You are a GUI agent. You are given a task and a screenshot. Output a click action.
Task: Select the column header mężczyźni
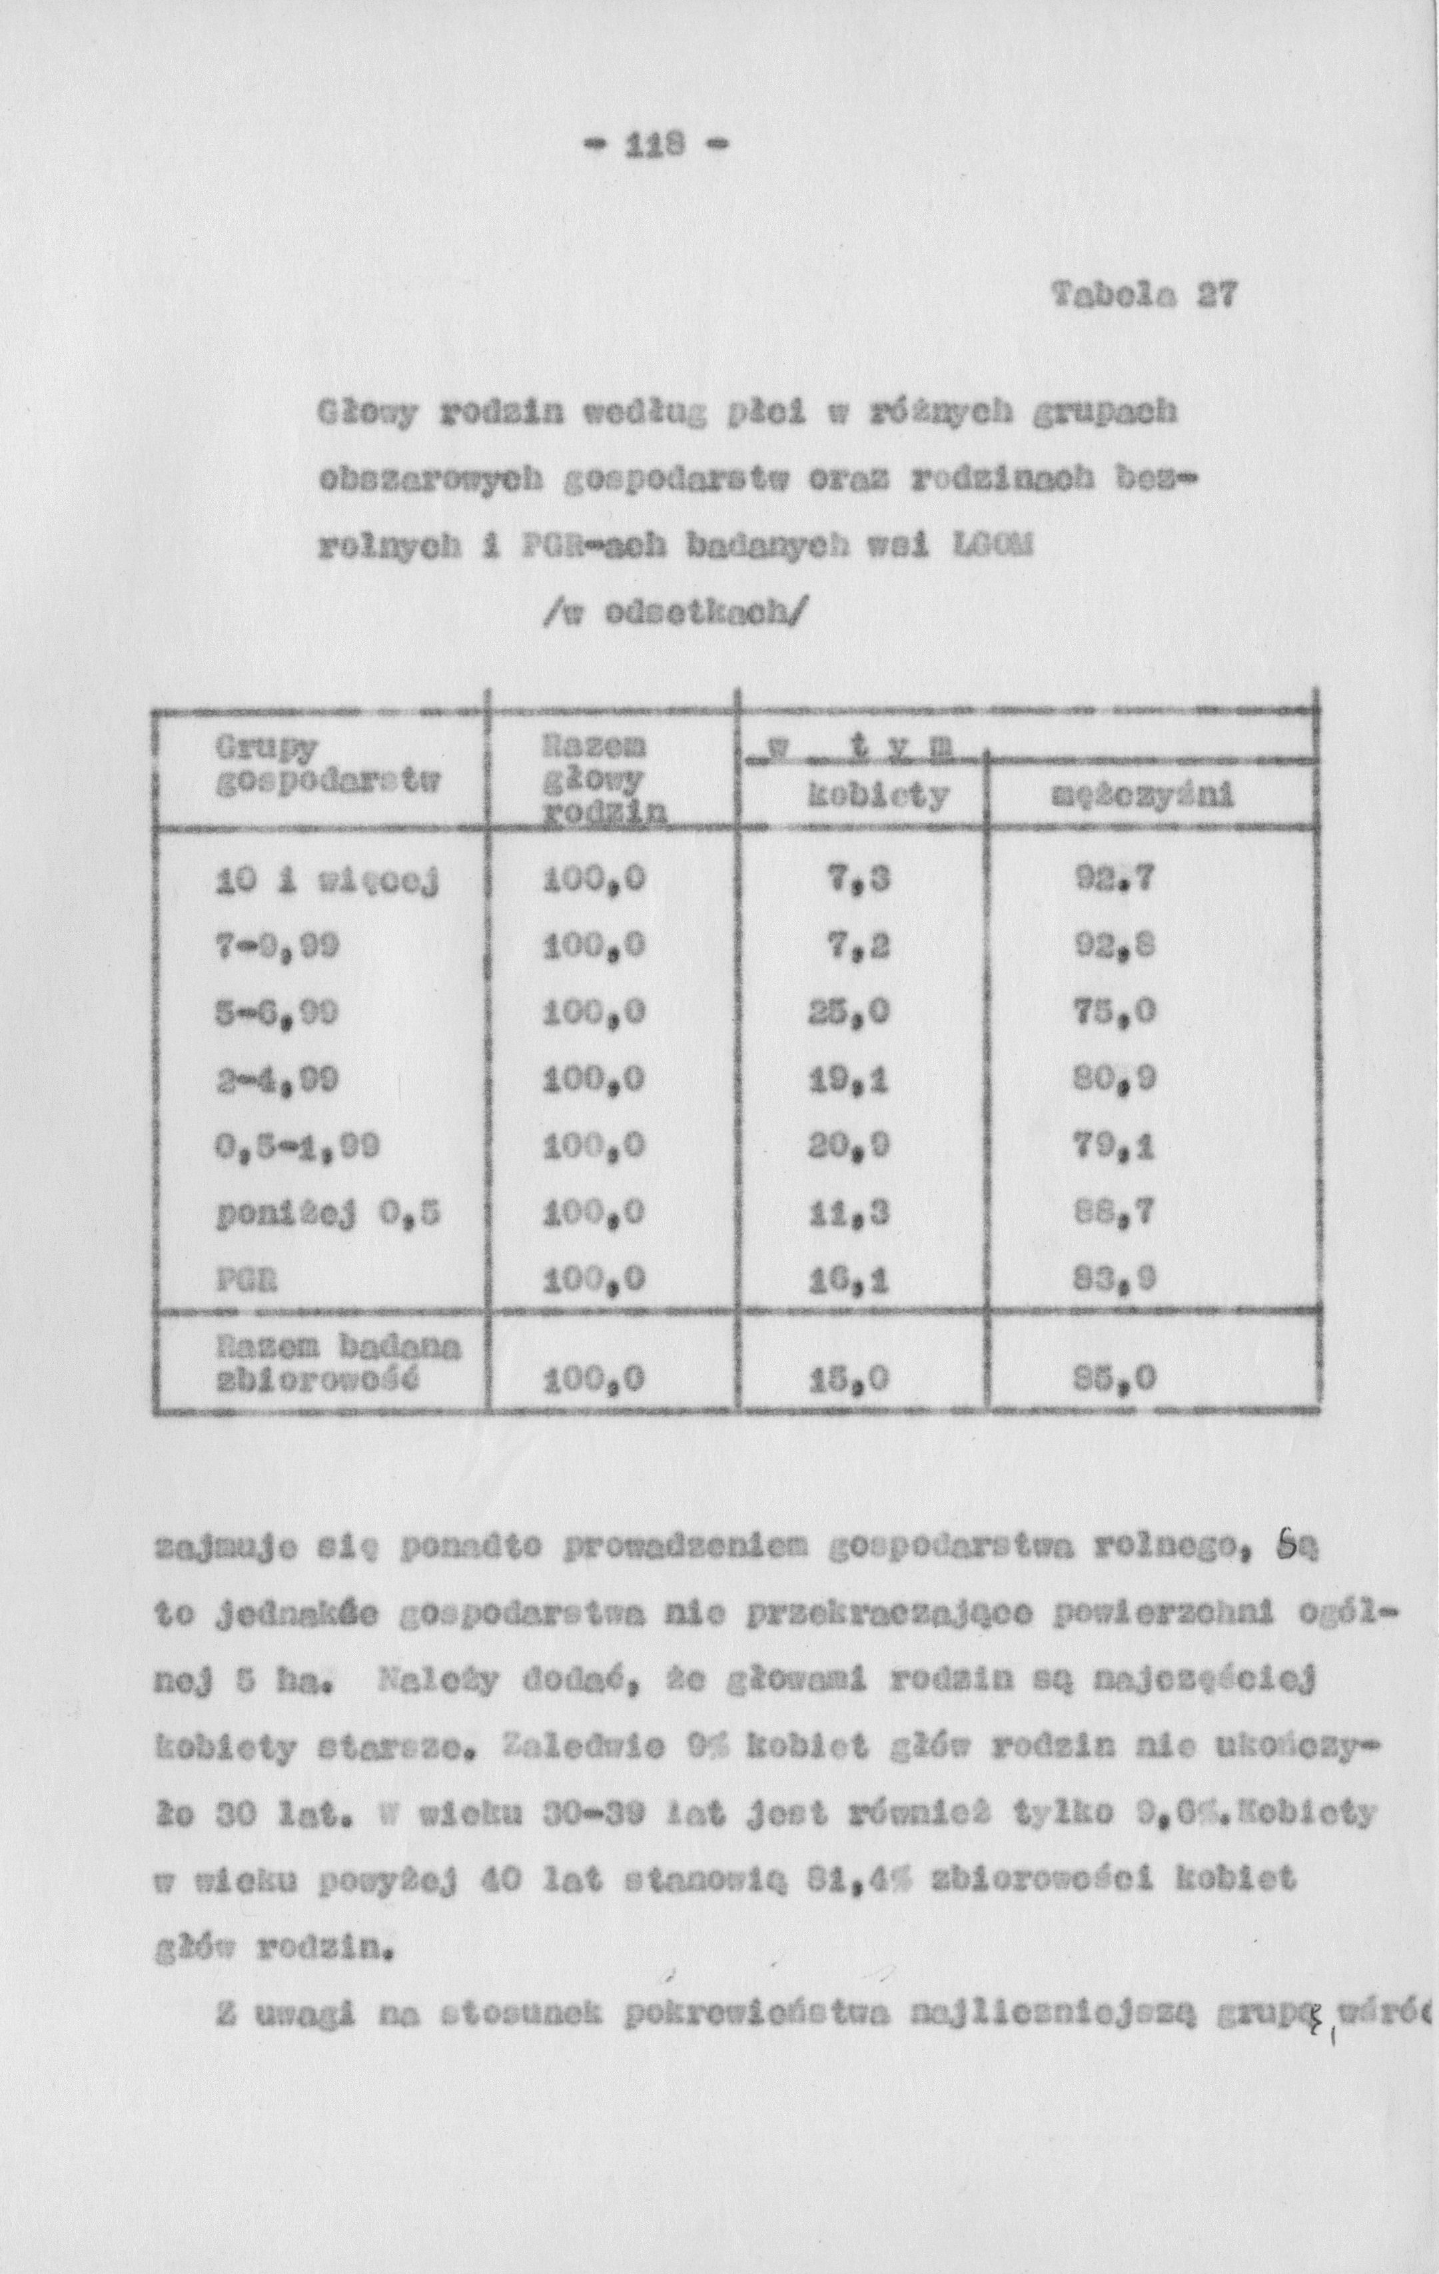coord(1143,799)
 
